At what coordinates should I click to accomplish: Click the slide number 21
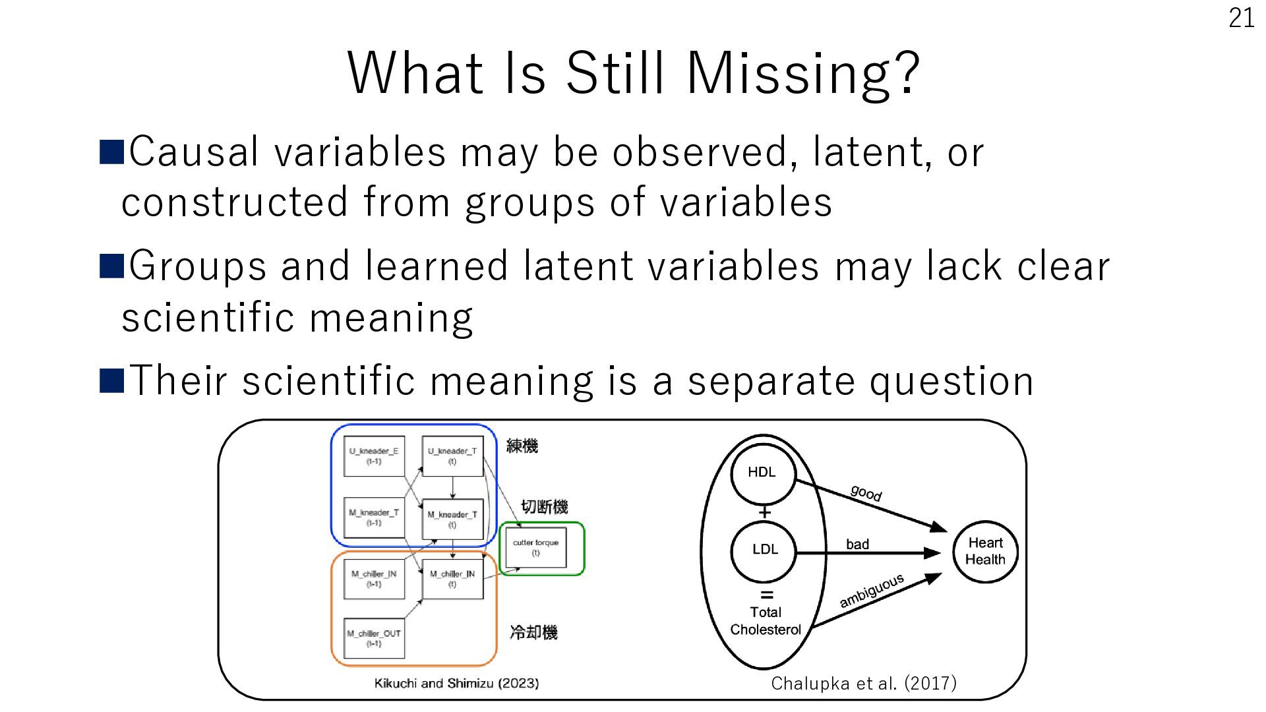tap(1242, 18)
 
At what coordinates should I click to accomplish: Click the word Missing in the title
tap(802, 73)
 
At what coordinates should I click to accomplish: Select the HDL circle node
tap(763, 473)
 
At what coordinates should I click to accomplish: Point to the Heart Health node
tap(985, 551)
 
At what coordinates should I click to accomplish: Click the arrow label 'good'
tap(866, 492)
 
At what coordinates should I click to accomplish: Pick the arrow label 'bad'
tap(857, 544)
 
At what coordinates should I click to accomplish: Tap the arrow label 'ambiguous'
tap(871, 591)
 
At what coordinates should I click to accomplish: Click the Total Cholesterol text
tap(765, 621)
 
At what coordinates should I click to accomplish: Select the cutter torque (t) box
tap(535, 547)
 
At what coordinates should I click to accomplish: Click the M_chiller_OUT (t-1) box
tap(374, 638)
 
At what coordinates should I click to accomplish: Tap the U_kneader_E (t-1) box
tap(374, 456)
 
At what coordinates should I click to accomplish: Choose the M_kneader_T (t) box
tap(452, 519)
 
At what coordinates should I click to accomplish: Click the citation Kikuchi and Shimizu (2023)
tap(456, 684)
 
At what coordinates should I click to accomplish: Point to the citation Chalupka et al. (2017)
tap(864, 683)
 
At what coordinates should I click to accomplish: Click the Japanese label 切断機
tap(545, 507)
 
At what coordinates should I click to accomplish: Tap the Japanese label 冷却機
tap(533, 633)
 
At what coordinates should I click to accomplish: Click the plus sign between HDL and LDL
tap(764, 512)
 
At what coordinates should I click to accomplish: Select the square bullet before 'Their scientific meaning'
tap(111, 381)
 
